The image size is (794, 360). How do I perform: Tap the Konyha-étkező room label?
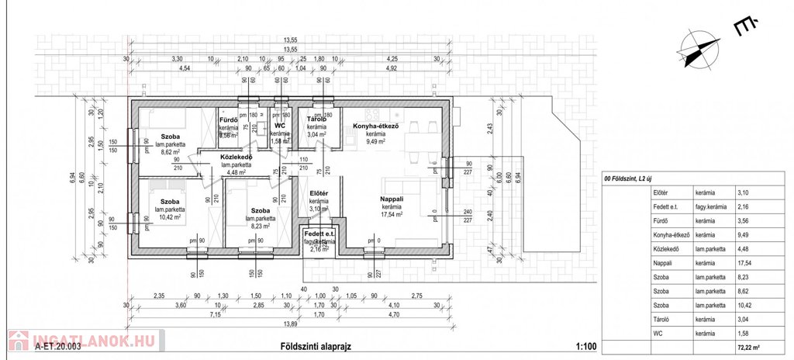click(375, 126)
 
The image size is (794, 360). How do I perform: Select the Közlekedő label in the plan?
click(236, 157)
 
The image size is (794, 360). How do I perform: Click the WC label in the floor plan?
click(280, 125)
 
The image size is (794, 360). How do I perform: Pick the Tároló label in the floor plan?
click(316, 119)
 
